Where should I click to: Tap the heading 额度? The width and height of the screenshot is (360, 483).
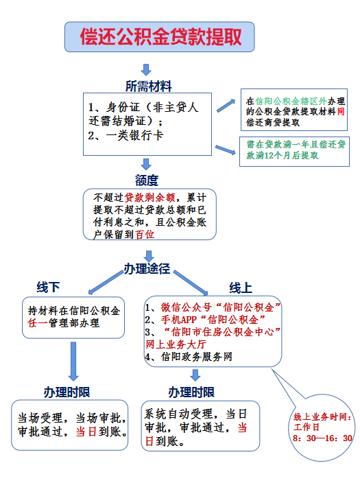[146, 180]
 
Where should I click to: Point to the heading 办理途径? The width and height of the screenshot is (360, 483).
[146, 267]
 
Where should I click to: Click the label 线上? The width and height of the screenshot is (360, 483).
[241, 286]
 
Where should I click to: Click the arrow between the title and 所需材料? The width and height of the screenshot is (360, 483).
[145, 69]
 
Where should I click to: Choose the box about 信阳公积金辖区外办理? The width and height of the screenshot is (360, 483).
[296, 111]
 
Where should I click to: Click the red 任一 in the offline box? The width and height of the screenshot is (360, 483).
[35, 322]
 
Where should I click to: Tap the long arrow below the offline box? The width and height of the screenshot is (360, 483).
[73, 360]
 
